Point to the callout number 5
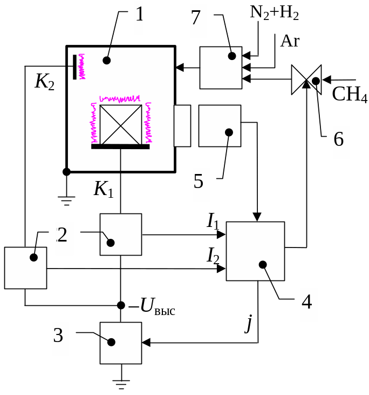click(199, 180)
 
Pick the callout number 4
click(306, 302)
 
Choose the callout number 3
click(59, 335)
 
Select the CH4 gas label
click(350, 95)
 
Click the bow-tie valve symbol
click(306, 80)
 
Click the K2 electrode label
click(44, 82)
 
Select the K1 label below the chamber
click(104, 189)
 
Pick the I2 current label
click(214, 255)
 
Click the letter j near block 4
click(249, 324)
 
